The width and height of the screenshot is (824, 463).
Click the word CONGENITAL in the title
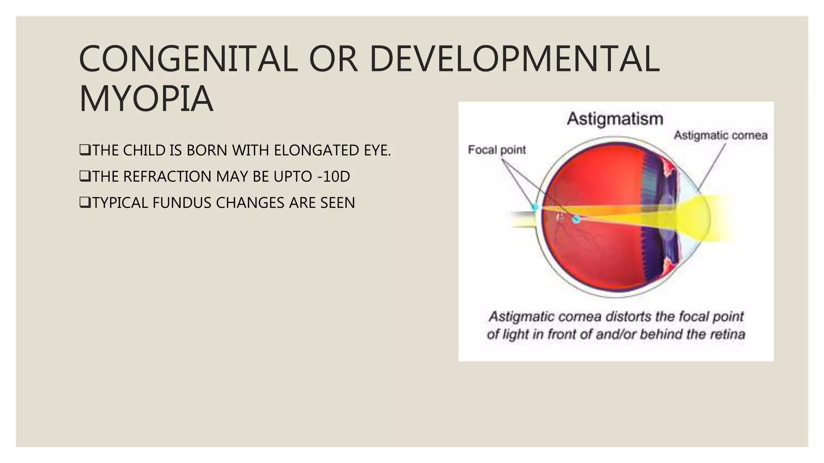tap(188, 59)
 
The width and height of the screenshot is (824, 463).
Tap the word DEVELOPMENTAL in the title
tap(514, 59)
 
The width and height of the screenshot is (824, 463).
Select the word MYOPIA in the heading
tap(146, 99)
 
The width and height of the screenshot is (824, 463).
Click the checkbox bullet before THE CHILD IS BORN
tap(85, 150)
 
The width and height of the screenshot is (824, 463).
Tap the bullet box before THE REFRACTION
tap(85, 176)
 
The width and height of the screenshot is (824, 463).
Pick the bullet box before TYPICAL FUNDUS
tap(85, 203)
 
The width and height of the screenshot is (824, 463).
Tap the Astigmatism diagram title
tap(615, 119)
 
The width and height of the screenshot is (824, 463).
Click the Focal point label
tap(497, 150)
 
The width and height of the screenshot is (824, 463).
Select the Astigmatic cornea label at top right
tap(721, 135)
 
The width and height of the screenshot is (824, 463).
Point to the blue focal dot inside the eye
tap(576, 219)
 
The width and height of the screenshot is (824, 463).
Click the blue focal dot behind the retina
tap(535, 207)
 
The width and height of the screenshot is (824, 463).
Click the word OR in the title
tap(333, 59)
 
